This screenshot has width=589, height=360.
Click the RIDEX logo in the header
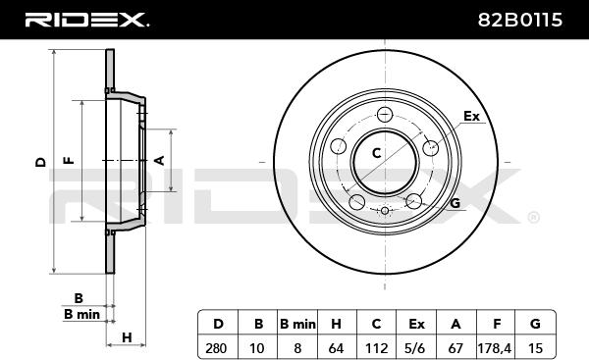coord(86,20)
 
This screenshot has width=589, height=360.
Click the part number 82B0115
coord(520,20)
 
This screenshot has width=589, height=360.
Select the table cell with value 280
coord(216,348)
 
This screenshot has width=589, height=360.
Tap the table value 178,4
coord(495,348)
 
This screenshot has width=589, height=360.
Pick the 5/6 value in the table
coord(416,348)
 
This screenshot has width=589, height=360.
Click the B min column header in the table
coord(297,324)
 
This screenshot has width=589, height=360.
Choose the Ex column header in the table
coord(416,324)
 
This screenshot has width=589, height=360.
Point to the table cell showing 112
coord(376,348)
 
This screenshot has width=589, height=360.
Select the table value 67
coord(455,348)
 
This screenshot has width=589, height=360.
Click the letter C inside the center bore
coord(376,153)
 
